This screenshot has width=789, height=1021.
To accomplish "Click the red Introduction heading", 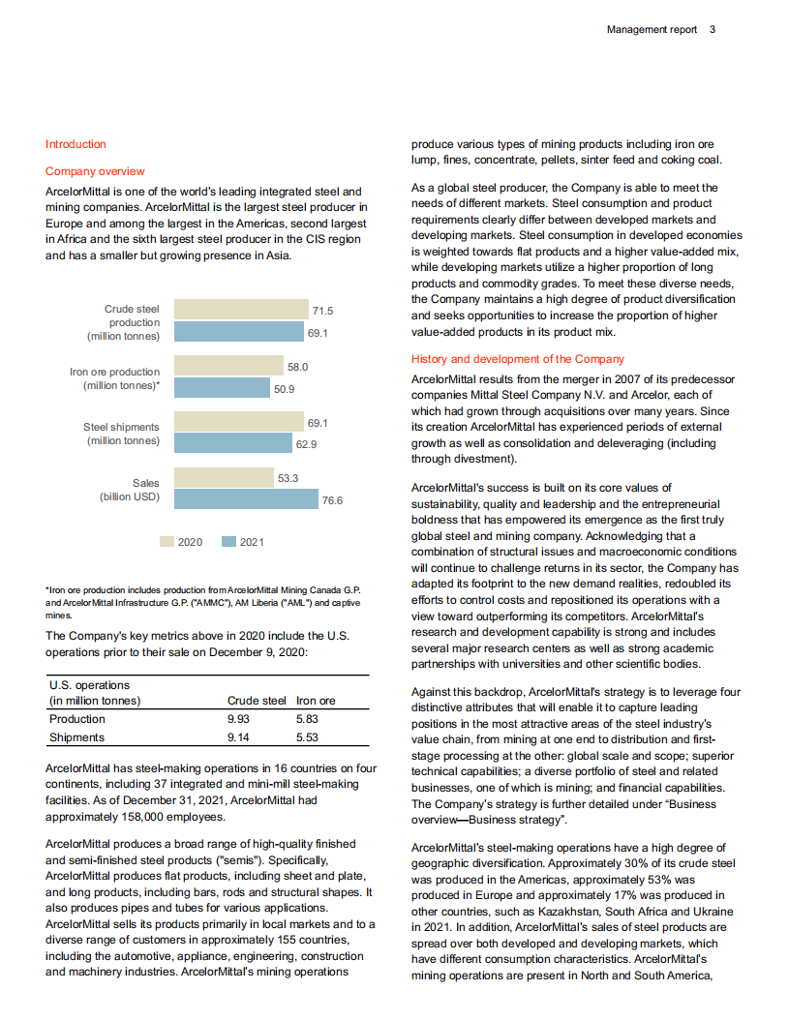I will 76,144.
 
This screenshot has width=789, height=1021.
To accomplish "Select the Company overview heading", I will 95,171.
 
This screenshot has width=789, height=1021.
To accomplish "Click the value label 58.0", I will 298,368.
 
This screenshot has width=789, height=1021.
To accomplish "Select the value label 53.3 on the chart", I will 288,478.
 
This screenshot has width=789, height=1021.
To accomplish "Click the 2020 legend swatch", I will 167,542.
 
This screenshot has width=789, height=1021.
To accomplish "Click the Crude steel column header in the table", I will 257,701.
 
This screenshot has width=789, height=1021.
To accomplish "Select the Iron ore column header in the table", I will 316,701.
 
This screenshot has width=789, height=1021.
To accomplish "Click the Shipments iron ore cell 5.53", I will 307,737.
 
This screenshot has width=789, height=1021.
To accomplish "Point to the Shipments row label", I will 76,737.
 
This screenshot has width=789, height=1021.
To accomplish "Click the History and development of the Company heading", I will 518,359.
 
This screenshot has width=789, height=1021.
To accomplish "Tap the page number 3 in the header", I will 713,30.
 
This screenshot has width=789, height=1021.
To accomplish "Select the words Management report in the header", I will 652,30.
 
